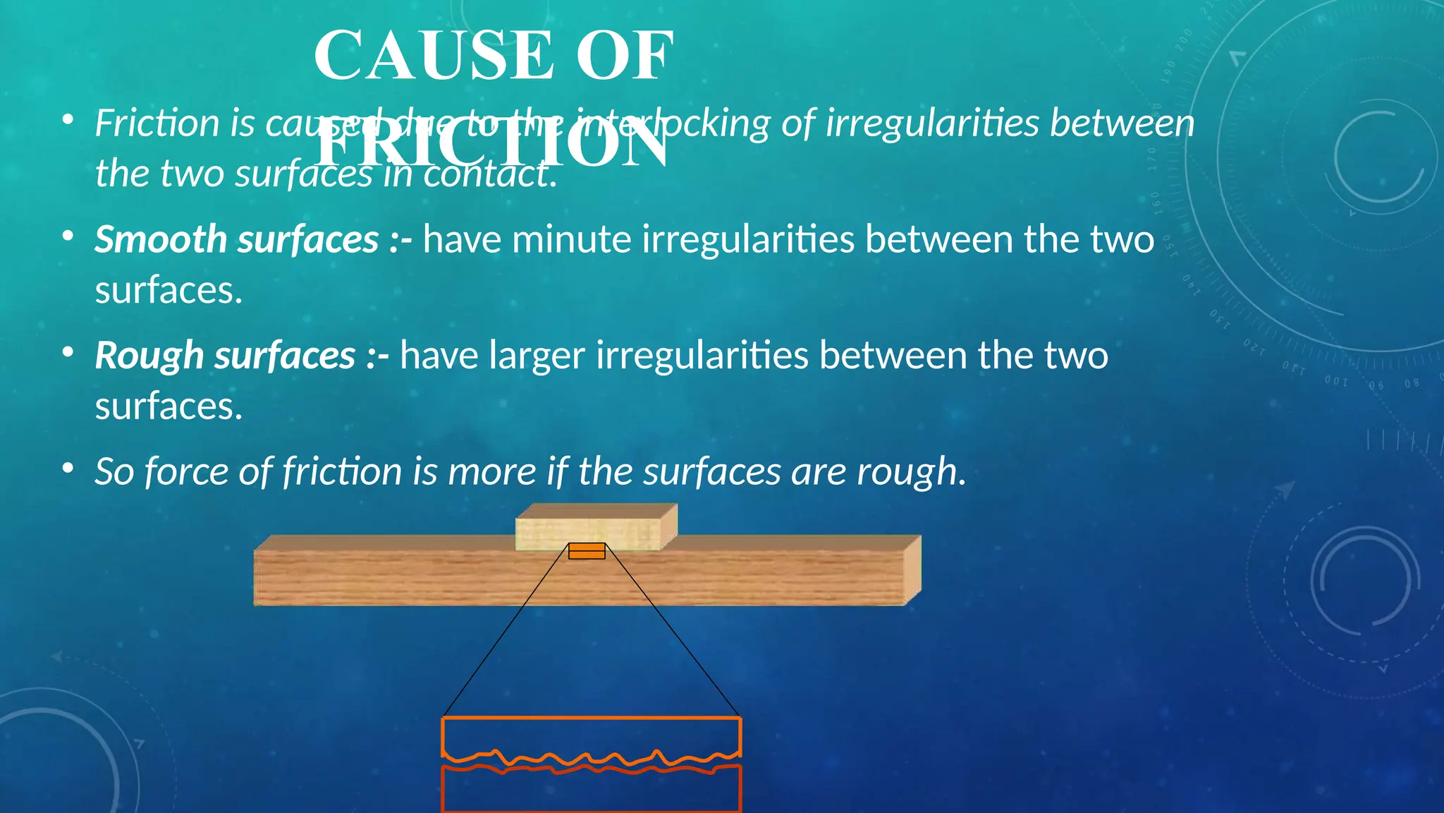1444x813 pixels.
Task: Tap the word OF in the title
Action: click(625, 56)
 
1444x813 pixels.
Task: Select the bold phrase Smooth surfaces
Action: click(237, 239)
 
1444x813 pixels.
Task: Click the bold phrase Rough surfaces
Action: click(225, 355)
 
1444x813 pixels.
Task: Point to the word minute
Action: click(571, 239)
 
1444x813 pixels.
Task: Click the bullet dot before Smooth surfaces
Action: click(68, 236)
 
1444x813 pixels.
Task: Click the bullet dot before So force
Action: click(68, 468)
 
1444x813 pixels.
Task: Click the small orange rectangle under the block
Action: click(587, 551)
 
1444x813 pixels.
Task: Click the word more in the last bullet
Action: click(491, 471)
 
